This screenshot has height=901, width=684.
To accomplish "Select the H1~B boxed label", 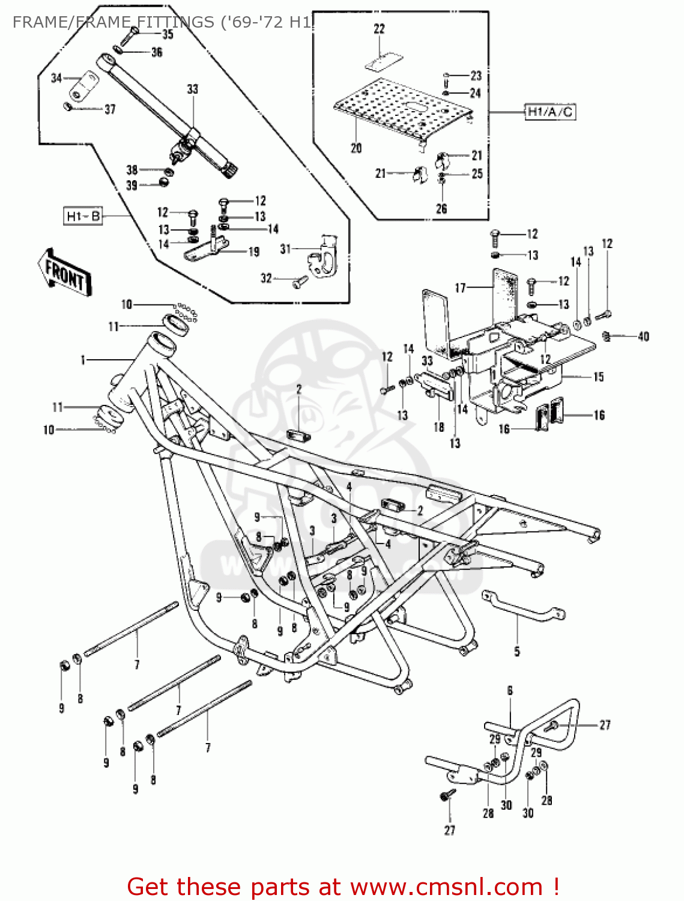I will point(83,216).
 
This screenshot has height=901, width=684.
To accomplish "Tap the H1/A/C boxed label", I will point(550,112).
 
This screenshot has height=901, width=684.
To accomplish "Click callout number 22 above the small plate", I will point(379,29).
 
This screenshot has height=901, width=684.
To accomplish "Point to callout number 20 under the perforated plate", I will point(356,148).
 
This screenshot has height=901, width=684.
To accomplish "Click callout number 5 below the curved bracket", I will point(517,651).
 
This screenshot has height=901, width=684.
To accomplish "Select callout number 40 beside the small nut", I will point(643,336).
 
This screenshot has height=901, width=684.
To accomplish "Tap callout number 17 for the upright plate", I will point(460,288).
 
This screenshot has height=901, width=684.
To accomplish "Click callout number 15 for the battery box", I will point(598,377).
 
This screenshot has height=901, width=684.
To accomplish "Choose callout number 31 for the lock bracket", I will point(285,249).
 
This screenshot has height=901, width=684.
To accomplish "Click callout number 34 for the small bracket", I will point(56,78).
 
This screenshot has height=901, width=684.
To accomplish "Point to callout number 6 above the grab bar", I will point(510,691).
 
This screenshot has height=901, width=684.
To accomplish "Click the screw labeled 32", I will point(300,281).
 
